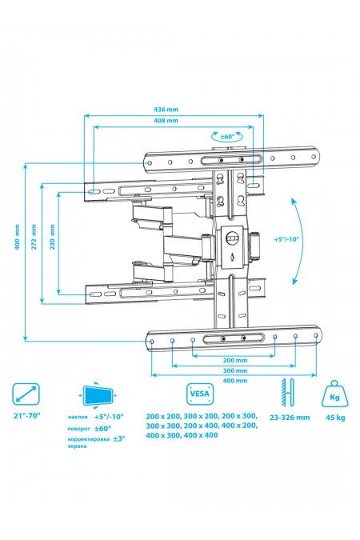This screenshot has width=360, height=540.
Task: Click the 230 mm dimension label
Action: coord(50,244)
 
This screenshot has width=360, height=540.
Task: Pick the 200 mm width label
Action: coord(224,361)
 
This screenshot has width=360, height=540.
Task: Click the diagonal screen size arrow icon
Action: coord(27,395)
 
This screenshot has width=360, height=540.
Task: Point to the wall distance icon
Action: coord(286,395)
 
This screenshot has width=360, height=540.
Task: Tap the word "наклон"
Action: coord(78,418)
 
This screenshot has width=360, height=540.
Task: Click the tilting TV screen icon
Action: coord(99,395)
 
